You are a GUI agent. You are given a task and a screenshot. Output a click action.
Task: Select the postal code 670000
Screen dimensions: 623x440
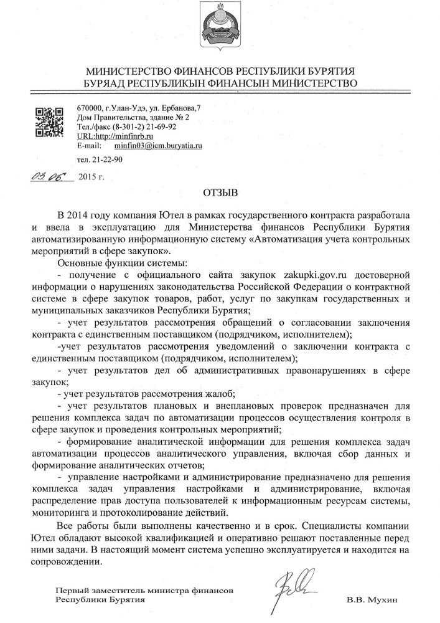(89, 108)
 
